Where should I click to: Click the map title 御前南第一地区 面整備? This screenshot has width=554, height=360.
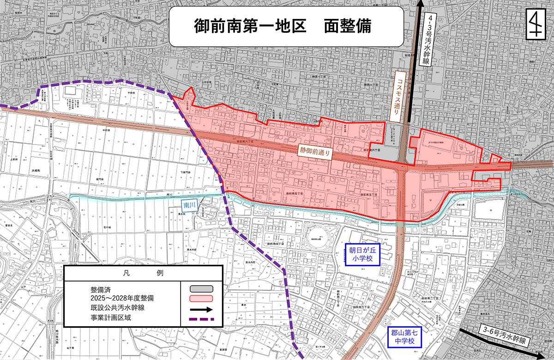click(x=282, y=26)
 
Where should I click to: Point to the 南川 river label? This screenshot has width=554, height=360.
click(x=190, y=203)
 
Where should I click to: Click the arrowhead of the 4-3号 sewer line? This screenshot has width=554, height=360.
click(x=420, y=5)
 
